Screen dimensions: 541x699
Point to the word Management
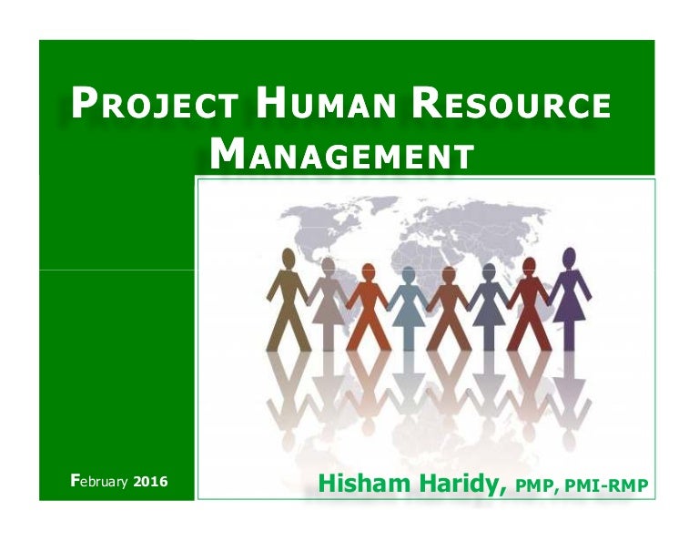(341, 154)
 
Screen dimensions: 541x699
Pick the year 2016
(150, 480)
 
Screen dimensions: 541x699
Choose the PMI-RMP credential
(611, 485)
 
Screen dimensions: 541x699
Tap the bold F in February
(76, 479)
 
